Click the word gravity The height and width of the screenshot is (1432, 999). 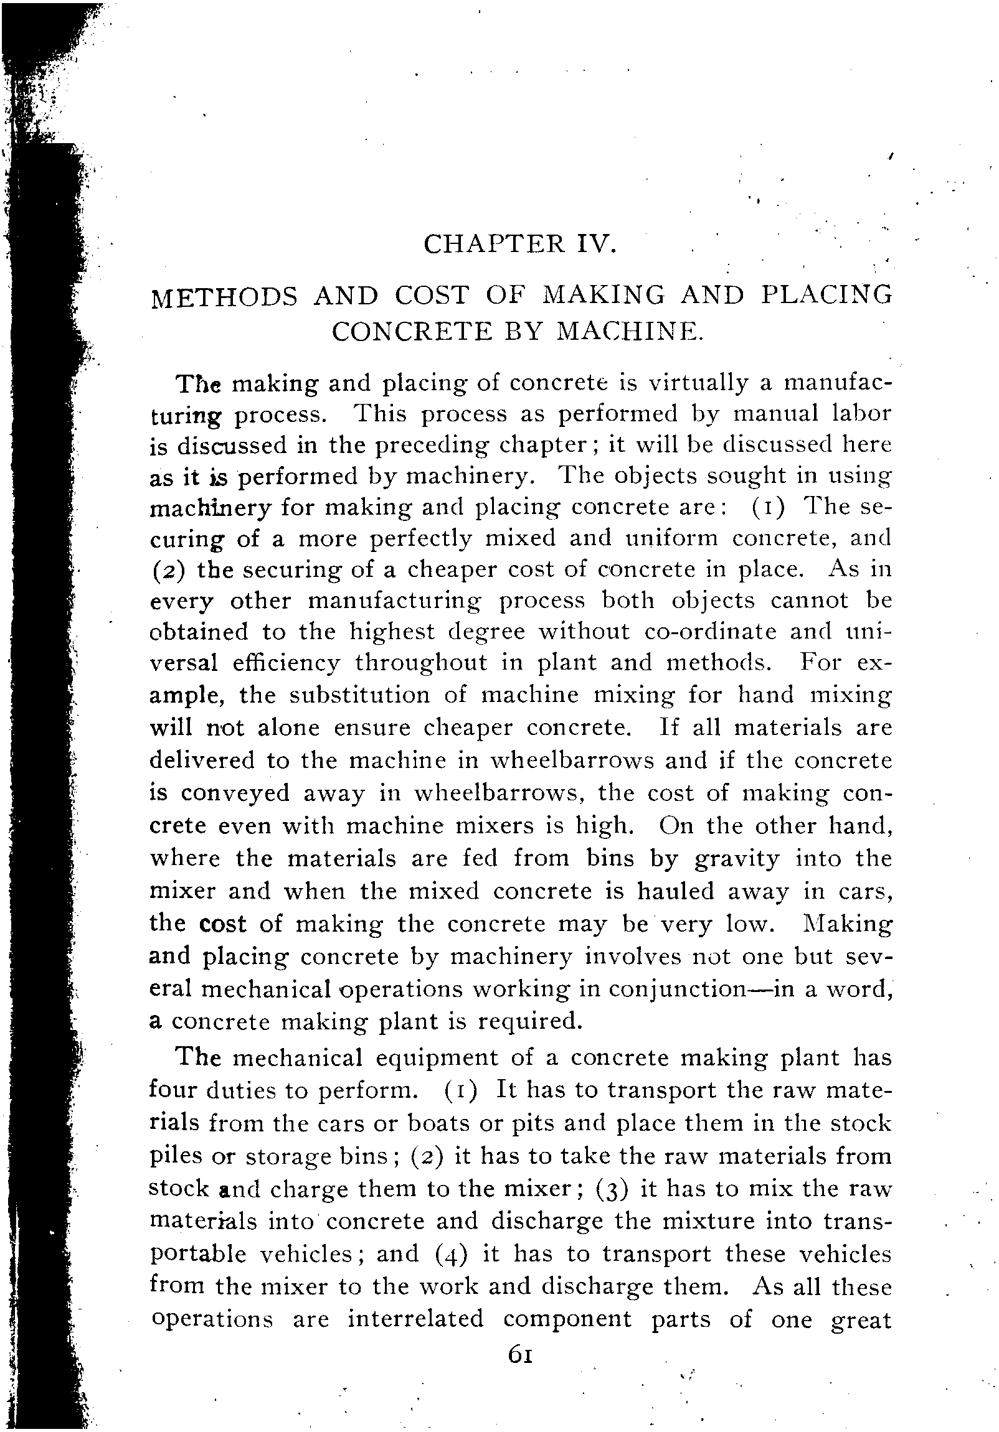(x=736, y=859)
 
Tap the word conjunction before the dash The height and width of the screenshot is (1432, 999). (x=683, y=990)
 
